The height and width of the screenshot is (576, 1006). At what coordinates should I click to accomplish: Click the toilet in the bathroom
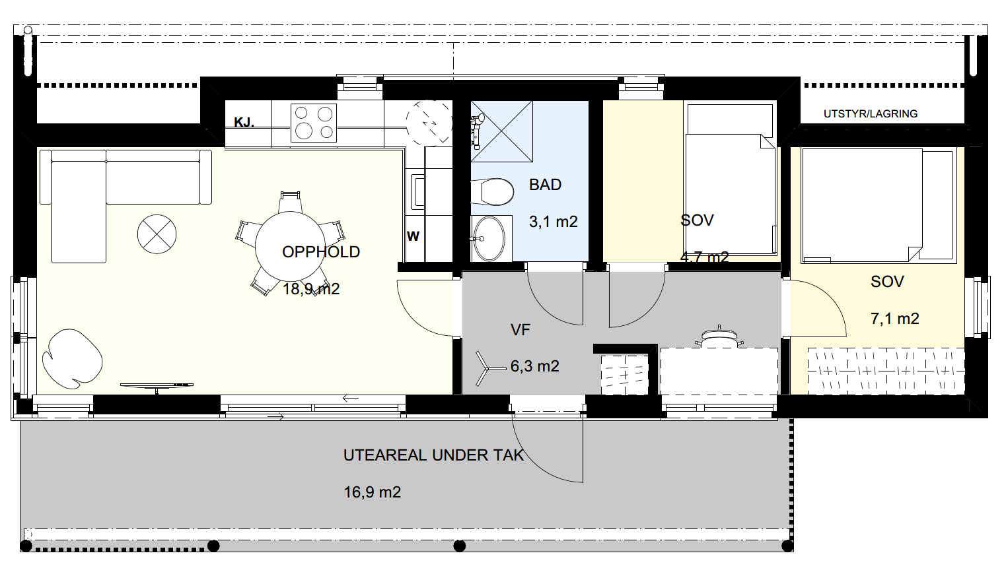[x=492, y=193]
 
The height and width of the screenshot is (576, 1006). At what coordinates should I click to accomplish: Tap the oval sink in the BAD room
[x=489, y=239]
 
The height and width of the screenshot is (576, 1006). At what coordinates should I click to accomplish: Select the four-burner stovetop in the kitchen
[x=314, y=123]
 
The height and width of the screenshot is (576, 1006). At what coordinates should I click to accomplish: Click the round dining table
[x=290, y=246]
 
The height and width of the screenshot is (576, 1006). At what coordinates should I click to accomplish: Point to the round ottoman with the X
[x=157, y=234]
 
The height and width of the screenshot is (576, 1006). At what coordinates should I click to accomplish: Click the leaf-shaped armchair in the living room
[x=72, y=359]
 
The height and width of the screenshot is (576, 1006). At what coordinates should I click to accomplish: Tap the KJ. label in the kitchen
[x=244, y=122]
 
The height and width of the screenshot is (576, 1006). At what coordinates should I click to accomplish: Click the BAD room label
[x=545, y=185]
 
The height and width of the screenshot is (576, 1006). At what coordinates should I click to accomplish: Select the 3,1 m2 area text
[x=554, y=222]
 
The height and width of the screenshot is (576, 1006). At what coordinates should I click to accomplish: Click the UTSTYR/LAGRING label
[x=871, y=114]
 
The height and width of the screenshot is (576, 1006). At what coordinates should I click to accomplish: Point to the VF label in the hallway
[x=521, y=330]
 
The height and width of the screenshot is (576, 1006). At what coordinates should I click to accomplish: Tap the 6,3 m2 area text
[x=535, y=366]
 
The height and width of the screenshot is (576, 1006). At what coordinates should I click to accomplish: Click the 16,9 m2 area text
[x=373, y=493]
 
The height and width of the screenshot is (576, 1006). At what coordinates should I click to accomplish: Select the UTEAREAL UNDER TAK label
[x=434, y=455]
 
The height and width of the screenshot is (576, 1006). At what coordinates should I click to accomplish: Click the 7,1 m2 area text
[x=895, y=319]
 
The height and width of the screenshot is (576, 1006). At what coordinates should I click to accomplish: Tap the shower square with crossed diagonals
[x=501, y=131]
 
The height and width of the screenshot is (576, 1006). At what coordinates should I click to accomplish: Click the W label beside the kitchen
[x=413, y=236]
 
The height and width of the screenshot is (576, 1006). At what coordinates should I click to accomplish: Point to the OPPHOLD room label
[x=321, y=252]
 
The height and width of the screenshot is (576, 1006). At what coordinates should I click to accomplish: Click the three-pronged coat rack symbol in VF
[x=487, y=369]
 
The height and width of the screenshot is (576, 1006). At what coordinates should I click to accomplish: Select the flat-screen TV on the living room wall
[x=157, y=386]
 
